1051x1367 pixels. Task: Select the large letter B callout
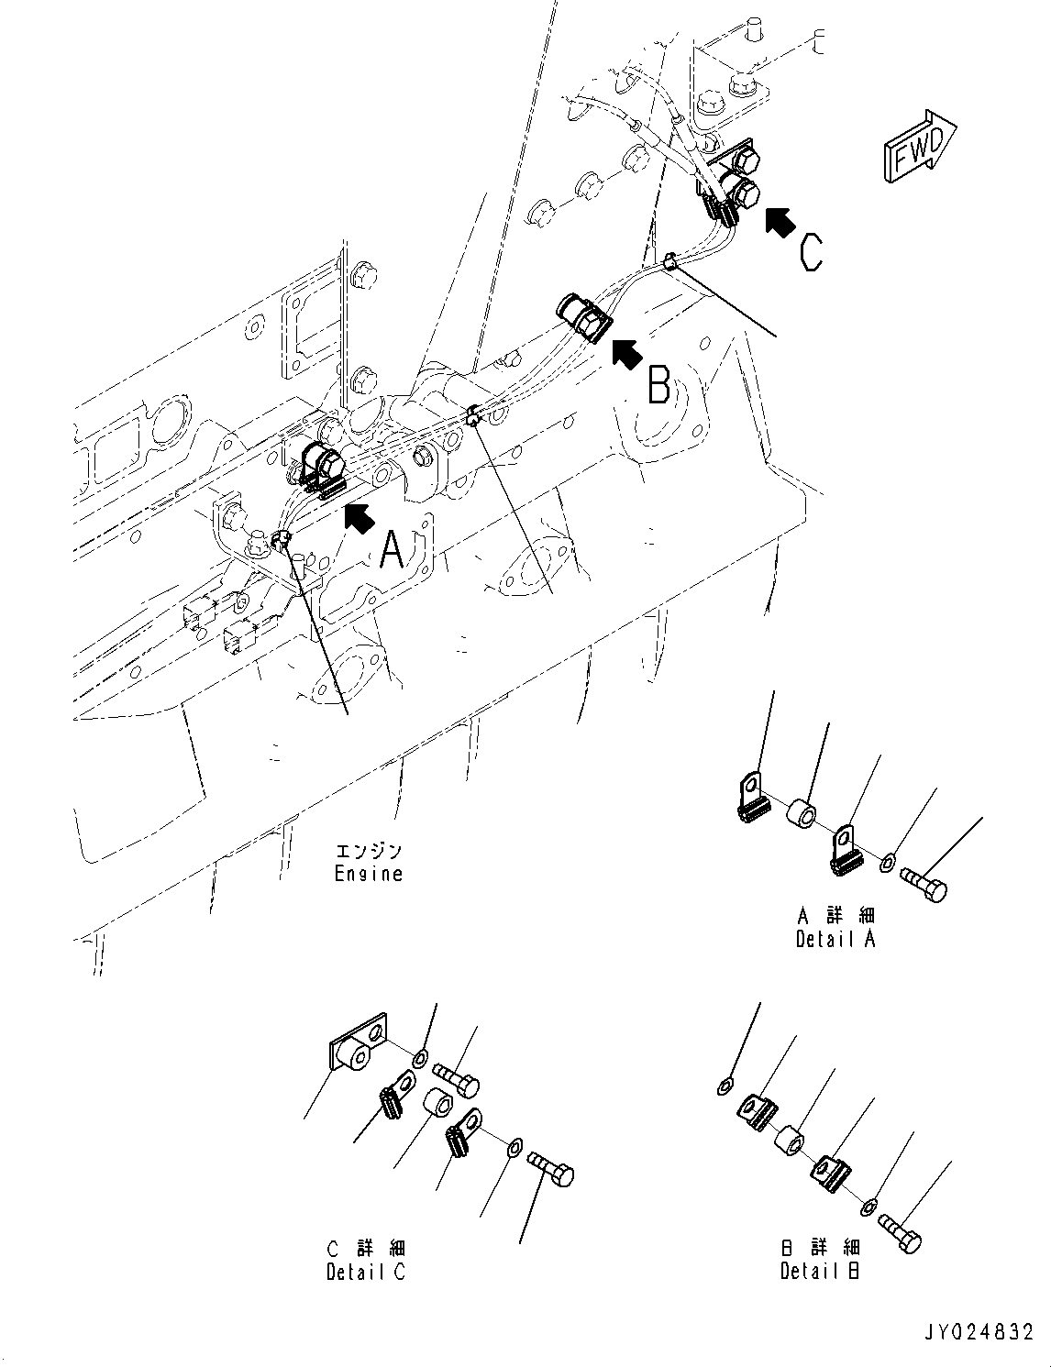[x=658, y=384]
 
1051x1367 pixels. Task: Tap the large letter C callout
[x=811, y=251]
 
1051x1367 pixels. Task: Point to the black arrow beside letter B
[x=626, y=353]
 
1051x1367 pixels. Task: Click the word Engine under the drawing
[x=368, y=874]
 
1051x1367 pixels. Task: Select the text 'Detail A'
[x=835, y=939]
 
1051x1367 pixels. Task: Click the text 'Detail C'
[x=365, y=1272]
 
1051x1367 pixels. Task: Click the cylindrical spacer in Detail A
[x=802, y=813]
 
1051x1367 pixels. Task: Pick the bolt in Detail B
[x=900, y=1231]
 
